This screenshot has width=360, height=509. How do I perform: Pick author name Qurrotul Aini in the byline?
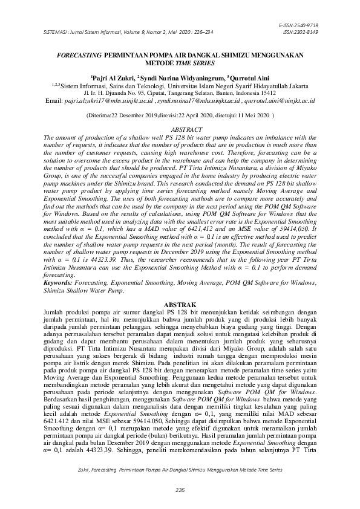tap(249, 78)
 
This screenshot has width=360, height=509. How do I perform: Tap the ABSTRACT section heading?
tap(180, 131)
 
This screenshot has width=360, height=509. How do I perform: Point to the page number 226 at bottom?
tap(180, 488)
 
